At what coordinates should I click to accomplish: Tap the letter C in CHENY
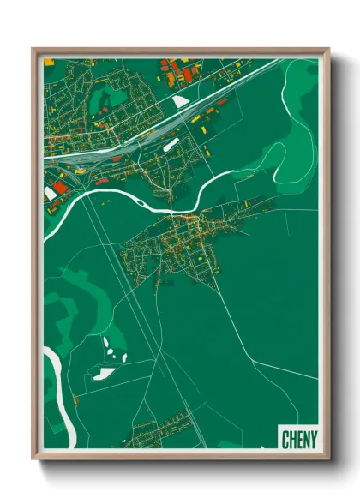[x=285, y=438]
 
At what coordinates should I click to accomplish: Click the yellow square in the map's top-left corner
[x=48, y=61]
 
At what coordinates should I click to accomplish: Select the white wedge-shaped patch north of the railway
[x=180, y=102]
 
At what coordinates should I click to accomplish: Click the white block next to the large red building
[x=51, y=194]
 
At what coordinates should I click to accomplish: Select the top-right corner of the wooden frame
[x=327, y=50]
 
